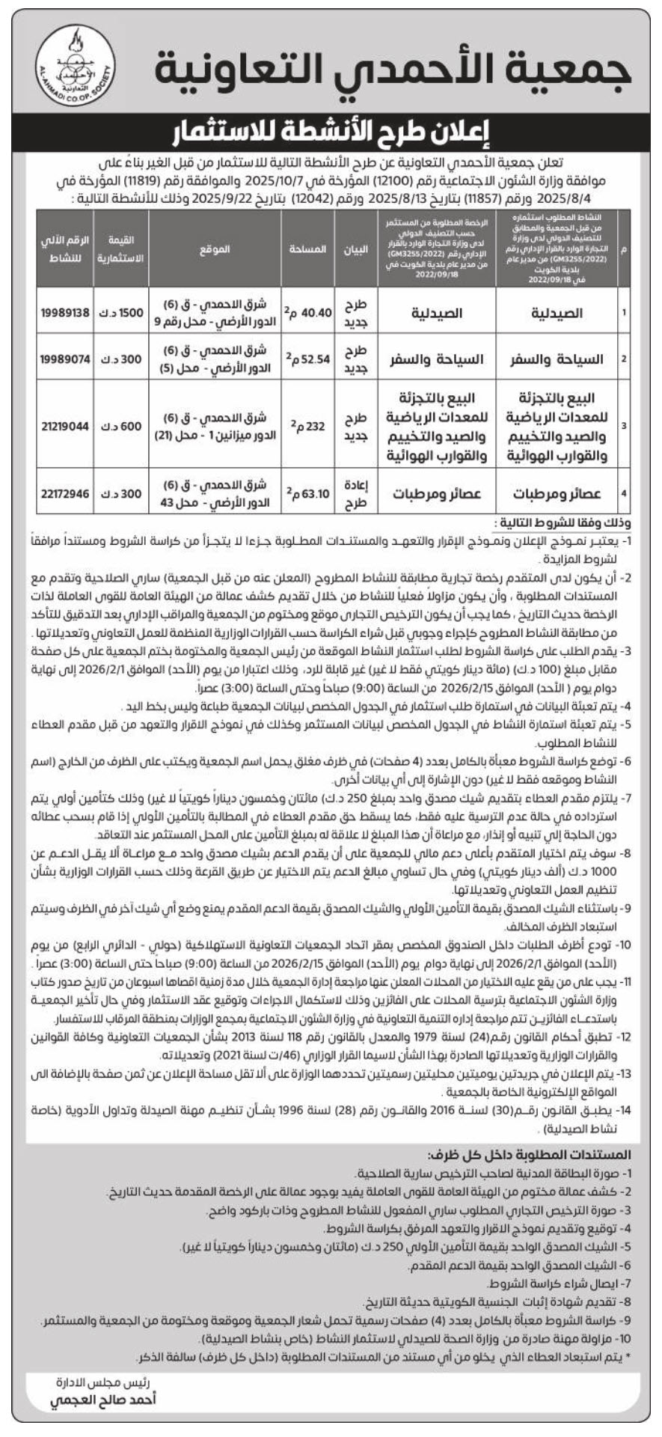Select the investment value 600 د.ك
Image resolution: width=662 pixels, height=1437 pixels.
coord(120,426)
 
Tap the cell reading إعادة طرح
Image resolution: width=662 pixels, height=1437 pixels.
coord(356,493)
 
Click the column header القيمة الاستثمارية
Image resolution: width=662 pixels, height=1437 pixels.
coord(120,249)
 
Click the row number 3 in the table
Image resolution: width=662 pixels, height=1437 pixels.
coord(624,426)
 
